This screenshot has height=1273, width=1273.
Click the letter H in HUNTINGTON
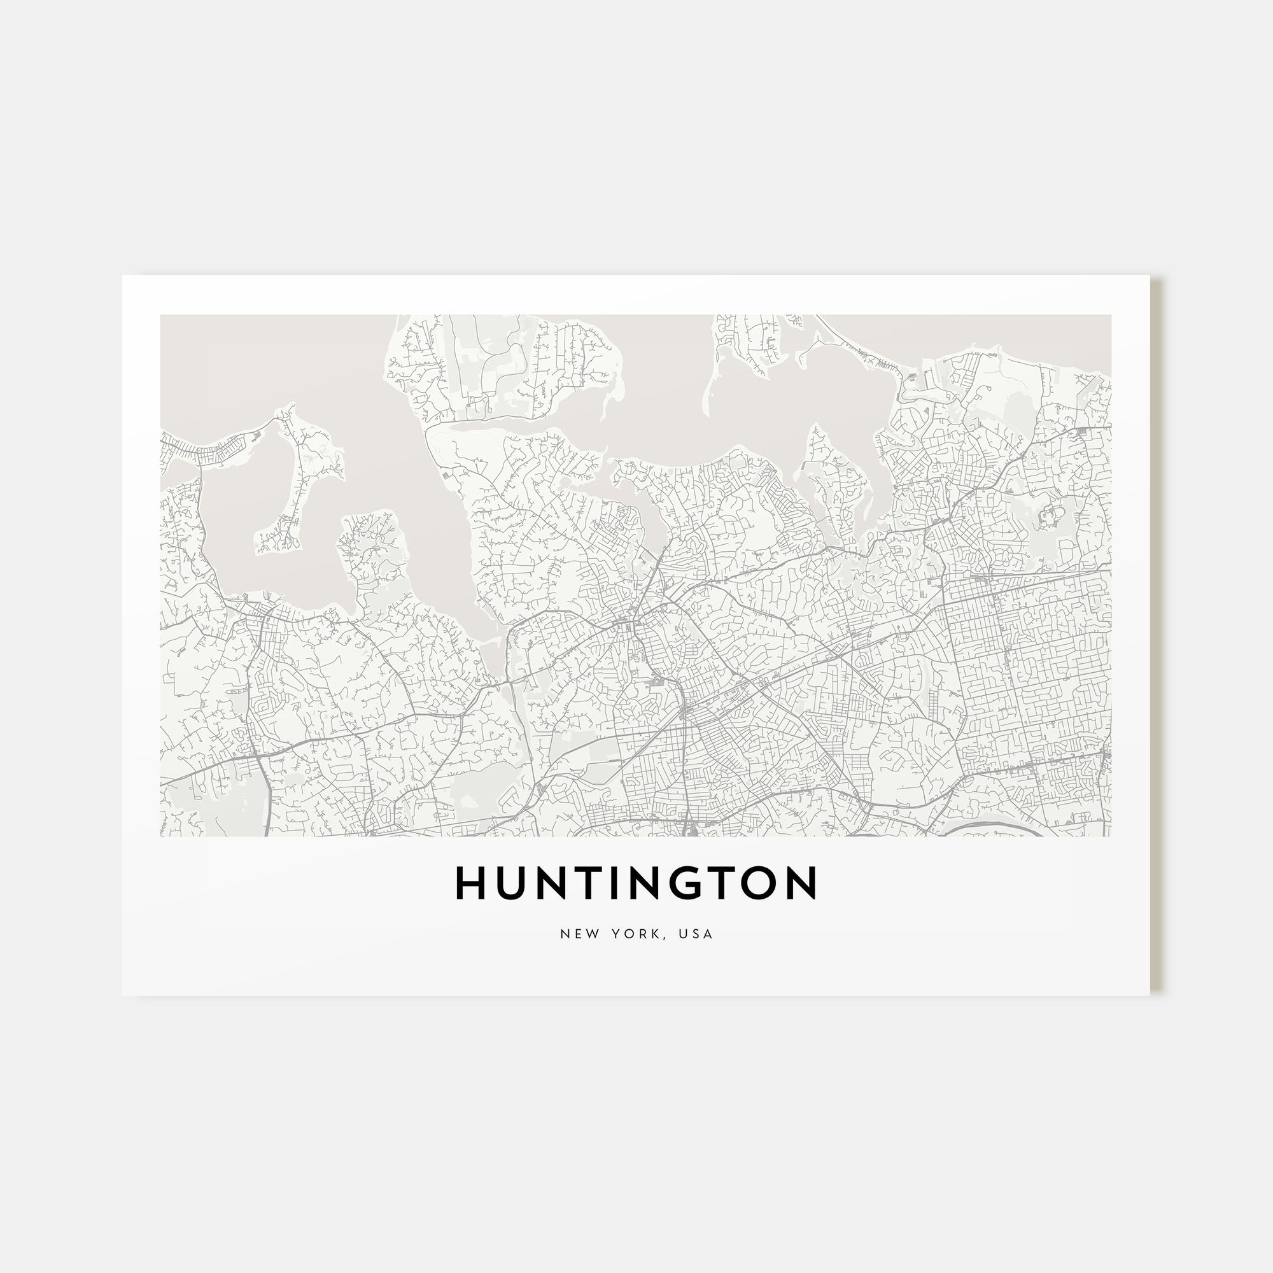coord(470,883)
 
